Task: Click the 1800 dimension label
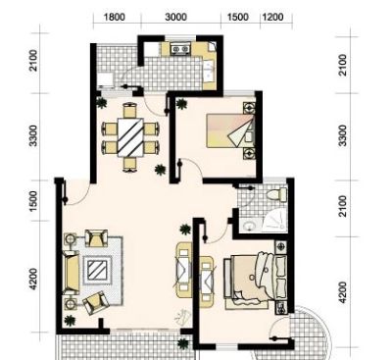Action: pyautogui.click(x=115, y=17)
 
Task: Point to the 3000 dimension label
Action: pyautogui.click(x=175, y=17)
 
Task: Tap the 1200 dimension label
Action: pyautogui.click(x=272, y=17)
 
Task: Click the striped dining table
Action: pyautogui.click(x=130, y=137)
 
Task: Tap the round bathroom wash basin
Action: pyautogui.click(x=250, y=226)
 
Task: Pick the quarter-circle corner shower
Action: pyautogui.click(x=274, y=222)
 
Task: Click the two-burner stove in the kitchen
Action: pyautogui.click(x=180, y=49)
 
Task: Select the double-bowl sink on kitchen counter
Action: pyautogui.click(x=209, y=70)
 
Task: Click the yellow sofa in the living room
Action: pyautogui.click(x=71, y=272)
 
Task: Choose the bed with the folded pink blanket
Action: pyautogui.click(x=230, y=130)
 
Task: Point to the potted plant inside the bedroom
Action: pyautogui.click(x=181, y=104)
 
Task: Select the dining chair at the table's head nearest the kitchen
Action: pyautogui.click(x=130, y=110)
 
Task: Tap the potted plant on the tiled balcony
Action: pyautogui.click(x=183, y=343)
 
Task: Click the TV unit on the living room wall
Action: pyautogui.click(x=183, y=270)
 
